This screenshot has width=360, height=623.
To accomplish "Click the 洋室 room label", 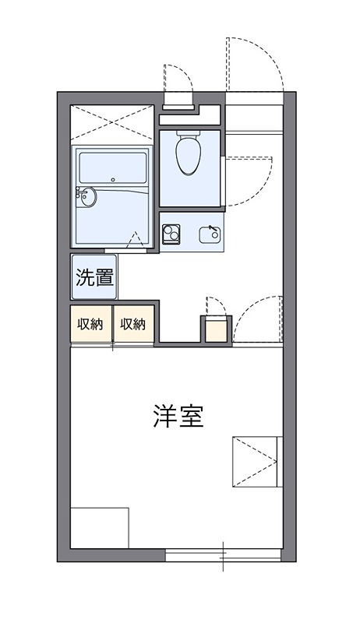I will (x=178, y=417).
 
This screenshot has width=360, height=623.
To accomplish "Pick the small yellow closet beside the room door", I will (x=215, y=330).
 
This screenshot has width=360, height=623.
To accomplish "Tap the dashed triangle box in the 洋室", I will (x=255, y=461).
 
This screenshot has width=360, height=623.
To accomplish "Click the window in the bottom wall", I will (x=223, y=555).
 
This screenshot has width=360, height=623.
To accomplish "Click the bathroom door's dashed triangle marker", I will (x=135, y=241).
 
